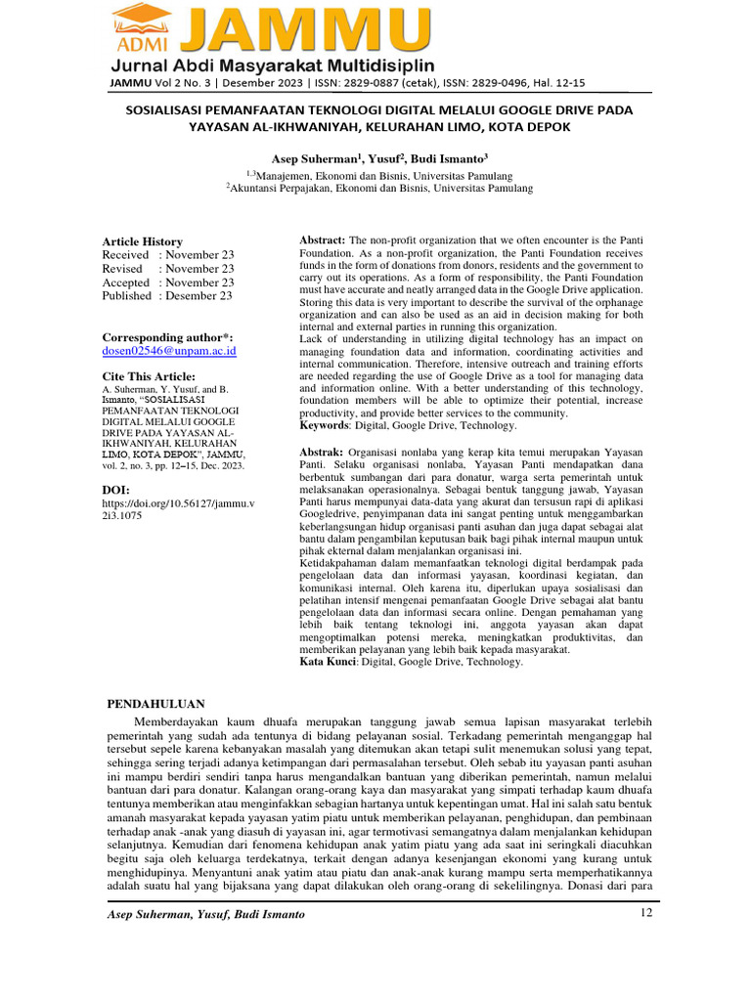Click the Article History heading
(143, 241)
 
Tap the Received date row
(168, 255)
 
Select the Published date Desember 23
(167, 295)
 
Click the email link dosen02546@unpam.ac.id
(169, 350)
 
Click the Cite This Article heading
(149, 376)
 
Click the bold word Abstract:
(321, 240)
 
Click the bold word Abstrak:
(320, 453)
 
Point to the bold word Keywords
(324, 425)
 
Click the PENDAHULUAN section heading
(155, 703)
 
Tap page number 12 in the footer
(644, 913)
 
